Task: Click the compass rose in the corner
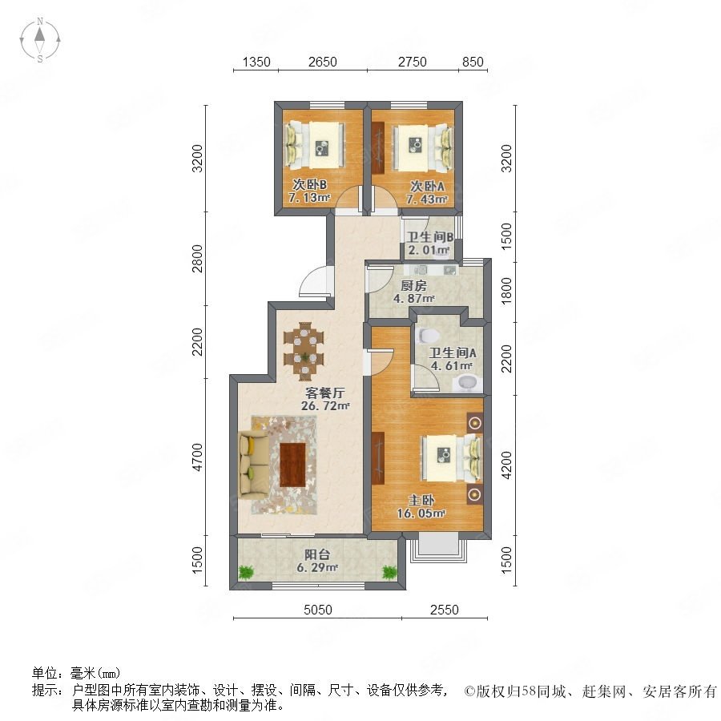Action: coord(40,39)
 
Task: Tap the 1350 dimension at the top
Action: coord(256,62)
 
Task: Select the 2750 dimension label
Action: coord(412,62)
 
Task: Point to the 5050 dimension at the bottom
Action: coord(318,610)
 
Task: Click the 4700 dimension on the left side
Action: coord(197,457)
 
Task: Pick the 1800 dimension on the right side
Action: coord(506,290)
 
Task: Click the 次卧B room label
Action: coord(310,185)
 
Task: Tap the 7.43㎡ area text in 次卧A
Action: coord(426,199)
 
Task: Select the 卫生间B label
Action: coord(430,237)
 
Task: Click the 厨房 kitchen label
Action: coord(413,285)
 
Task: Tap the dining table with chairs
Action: coord(304,352)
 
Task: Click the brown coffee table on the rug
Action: coord(293,465)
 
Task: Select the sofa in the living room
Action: coord(254,465)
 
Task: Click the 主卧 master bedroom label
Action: coord(421,500)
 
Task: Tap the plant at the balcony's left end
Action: coord(247,572)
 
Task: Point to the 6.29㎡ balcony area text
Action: coord(317,568)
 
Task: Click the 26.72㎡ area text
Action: coord(325,406)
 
